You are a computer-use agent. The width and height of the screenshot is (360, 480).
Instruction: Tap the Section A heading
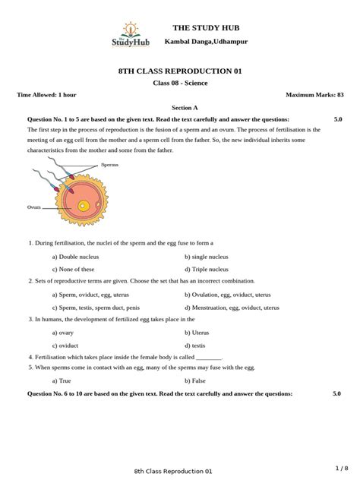pos(180,108)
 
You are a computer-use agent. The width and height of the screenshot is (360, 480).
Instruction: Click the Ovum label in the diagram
pos(33,206)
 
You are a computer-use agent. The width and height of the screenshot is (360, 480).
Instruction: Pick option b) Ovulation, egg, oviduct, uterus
pos(227,293)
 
